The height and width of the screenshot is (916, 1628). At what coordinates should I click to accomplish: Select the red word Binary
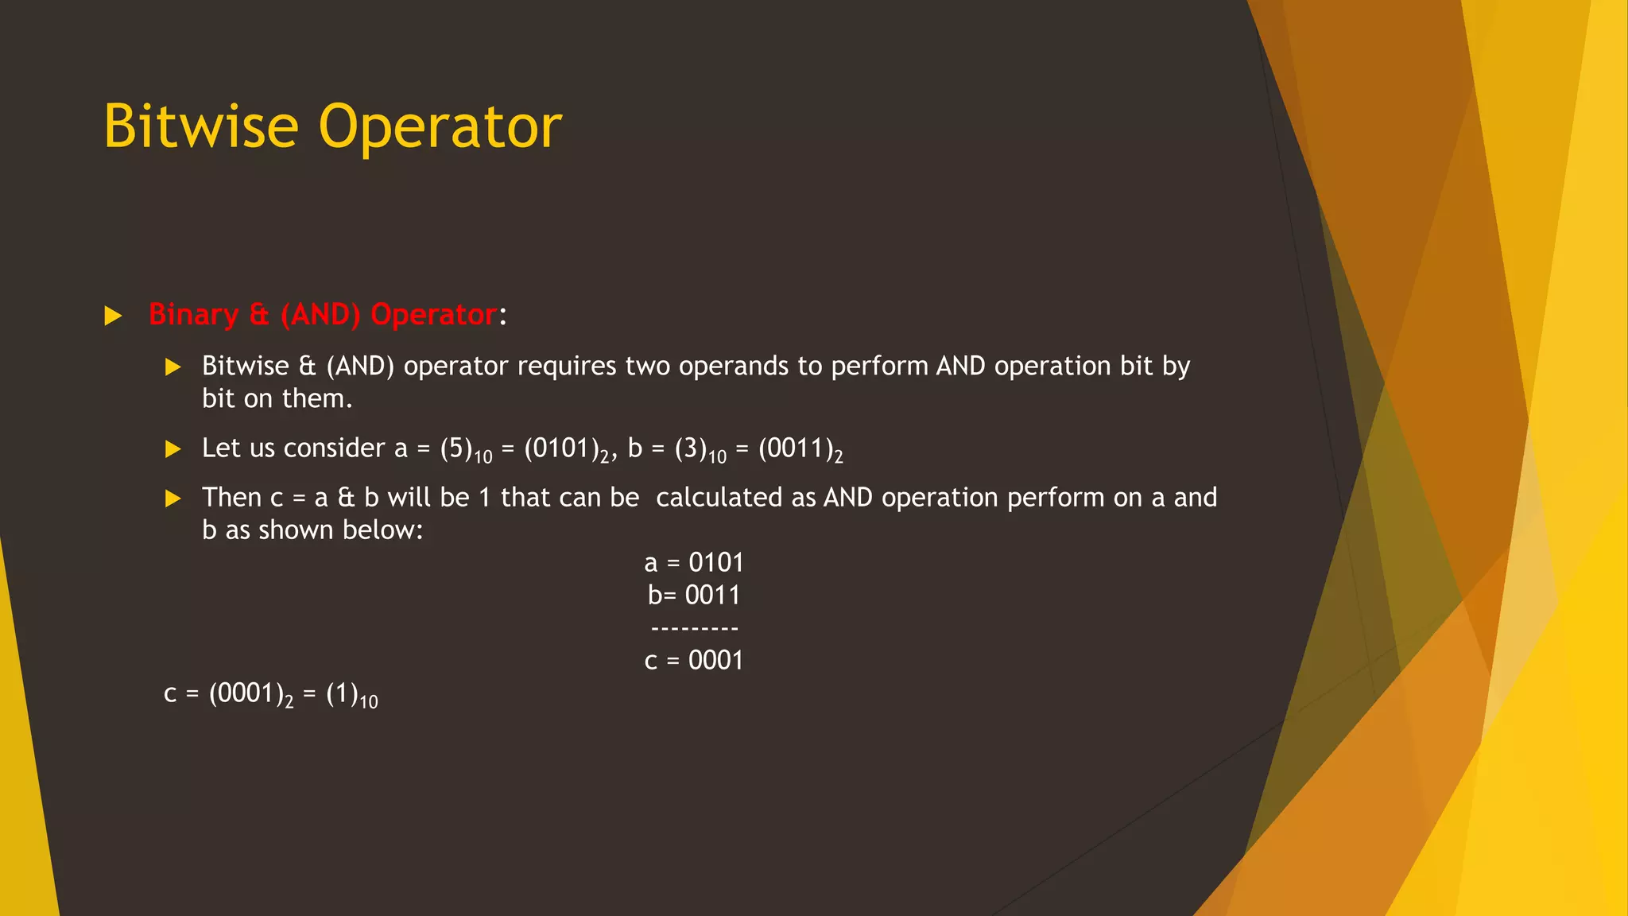coord(193,315)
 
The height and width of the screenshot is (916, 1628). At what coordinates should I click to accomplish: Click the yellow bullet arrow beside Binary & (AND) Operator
coord(113,316)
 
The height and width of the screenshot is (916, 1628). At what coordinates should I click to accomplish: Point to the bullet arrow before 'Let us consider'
coord(172,449)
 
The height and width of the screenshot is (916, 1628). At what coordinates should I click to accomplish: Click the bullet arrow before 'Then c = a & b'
coord(172,499)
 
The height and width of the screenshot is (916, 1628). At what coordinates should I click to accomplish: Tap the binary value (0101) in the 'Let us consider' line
coord(560,448)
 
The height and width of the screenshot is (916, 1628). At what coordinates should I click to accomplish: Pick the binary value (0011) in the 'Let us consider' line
coord(795,448)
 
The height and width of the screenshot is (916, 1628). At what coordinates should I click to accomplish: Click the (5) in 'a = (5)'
coord(456,448)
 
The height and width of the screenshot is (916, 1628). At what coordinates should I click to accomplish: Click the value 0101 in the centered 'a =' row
coord(716,563)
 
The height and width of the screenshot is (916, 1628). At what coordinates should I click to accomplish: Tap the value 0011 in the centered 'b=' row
coord(712,596)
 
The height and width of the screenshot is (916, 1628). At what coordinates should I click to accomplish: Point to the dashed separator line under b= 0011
coord(695,629)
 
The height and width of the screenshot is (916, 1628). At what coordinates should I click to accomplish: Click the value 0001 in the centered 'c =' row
coord(715,661)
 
